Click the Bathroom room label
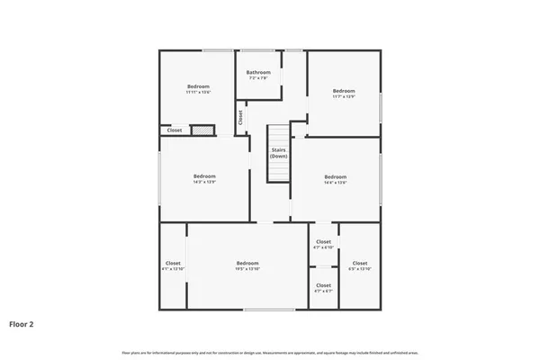[x=258, y=72]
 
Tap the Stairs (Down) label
[x=279, y=153]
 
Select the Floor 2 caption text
[x=22, y=323]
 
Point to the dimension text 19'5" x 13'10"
[x=247, y=269]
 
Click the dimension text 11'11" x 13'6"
[x=198, y=92]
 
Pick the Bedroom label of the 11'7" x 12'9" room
[x=344, y=90]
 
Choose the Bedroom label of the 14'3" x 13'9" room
[x=204, y=176]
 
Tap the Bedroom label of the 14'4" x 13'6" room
[x=335, y=176]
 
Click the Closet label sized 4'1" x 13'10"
[x=174, y=264]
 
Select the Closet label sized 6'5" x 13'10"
[x=359, y=264]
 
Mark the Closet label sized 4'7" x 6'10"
[x=323, y=241]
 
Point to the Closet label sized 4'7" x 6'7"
[x=323, y=285]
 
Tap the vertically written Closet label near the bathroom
[x=240, y=117]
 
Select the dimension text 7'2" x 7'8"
[x=258, y=78]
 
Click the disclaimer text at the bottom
[x=270, y=353]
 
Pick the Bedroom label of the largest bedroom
[x=247, y=263]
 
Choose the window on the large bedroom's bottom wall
[x=269, y=310]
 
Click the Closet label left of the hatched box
[x=175, y=130]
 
